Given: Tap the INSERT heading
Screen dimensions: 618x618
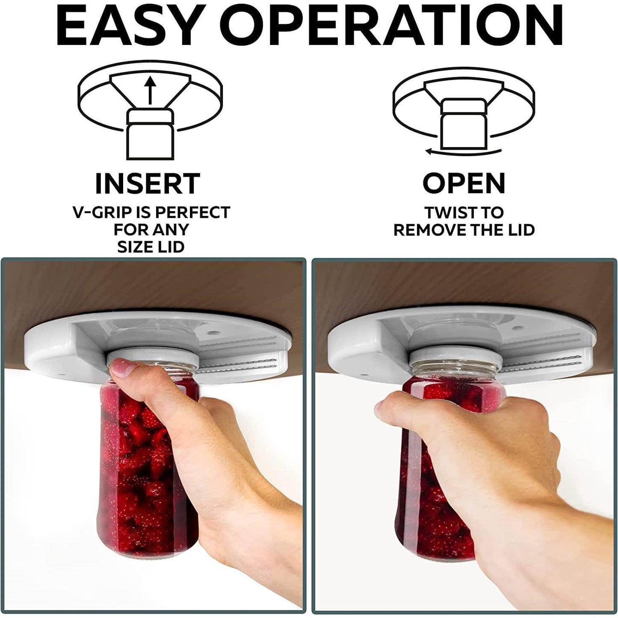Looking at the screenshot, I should tap(148, 183).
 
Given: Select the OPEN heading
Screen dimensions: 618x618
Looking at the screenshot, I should tap(464, 183).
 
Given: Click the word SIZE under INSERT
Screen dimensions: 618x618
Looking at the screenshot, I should tap(133, 247).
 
